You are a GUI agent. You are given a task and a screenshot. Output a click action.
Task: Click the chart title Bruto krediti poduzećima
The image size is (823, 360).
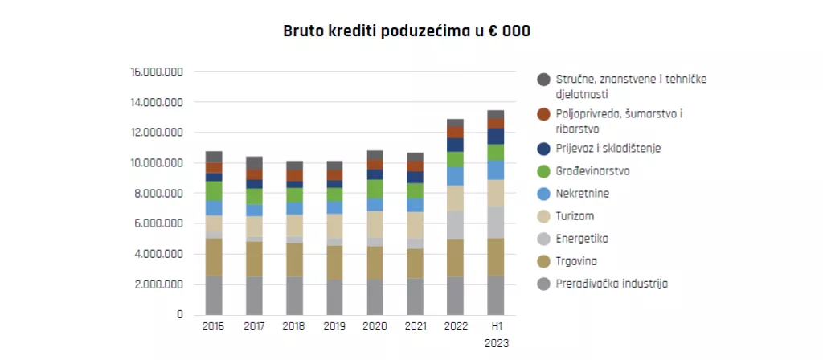tap(407, 31)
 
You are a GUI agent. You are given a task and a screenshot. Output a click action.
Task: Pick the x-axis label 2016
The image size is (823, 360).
tap(213, 327)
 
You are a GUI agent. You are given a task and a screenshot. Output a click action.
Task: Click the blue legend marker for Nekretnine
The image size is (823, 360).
tap(543, 194)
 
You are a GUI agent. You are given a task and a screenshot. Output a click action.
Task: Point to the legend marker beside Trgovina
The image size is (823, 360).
tap(543, 261)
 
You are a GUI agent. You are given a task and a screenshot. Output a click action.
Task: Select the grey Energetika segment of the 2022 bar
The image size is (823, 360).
tap(456, 225)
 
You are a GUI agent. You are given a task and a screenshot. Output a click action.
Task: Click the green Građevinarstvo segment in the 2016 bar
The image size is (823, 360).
tap(214, 190)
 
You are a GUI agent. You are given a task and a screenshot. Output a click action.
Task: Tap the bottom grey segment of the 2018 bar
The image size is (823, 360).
tap(295, 296)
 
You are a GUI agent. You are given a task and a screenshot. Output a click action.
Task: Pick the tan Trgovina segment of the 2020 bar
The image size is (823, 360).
tap(375, 262)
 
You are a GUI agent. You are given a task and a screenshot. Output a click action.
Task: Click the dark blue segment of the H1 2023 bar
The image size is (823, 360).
tap(496, 136)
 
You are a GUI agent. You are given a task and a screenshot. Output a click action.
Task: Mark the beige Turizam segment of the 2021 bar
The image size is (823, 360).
tap(415, 224)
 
